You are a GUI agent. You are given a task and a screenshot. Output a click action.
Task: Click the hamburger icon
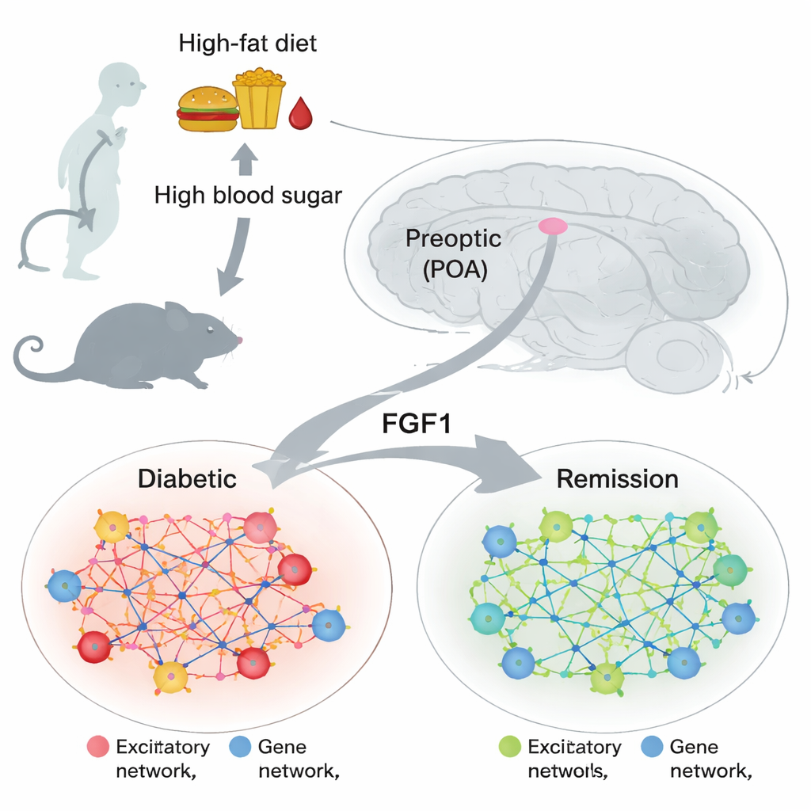pyautogui.click(x=208, y=109)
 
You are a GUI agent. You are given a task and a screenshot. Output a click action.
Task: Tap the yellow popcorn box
pyautogui.click(x=258, y=99)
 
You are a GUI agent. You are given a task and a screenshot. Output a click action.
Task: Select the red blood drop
pyautogui.click(x=300, y=115)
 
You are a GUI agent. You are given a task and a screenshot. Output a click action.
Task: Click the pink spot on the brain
pyautogui.click(x=553, y=227)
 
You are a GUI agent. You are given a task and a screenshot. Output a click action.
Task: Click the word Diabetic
pyautogui.click(x=187, y=478)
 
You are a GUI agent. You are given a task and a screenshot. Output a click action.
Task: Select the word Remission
pyautogui.click(x=618, y=478)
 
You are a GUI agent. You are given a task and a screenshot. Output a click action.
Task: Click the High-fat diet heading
pyautogui.click(x=248, y=43)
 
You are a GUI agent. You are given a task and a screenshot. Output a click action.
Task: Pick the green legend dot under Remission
pyautogui.click(x=509, y=746)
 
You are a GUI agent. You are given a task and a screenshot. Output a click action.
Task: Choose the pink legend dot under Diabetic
pyautogui.click(x=97, y=746)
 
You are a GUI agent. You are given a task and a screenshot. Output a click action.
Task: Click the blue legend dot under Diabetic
pyautogui.click(x=240, y=746)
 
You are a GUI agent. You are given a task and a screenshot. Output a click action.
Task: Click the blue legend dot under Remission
pyautogui.click(x=651, y=746)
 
